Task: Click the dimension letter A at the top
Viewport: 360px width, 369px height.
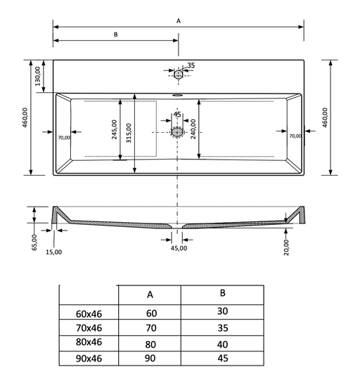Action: (179, 21)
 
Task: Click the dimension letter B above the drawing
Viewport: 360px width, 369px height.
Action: (115, 34)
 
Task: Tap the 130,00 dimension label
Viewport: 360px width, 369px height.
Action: (37, 76)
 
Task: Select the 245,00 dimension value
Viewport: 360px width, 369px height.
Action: (114, 129)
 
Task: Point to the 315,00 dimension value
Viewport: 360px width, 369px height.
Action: (129, 133)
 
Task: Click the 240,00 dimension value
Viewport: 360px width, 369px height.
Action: (193, 129)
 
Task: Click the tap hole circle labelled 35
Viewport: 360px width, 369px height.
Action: (179, 75)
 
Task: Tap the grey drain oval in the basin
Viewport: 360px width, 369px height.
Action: (177, 132)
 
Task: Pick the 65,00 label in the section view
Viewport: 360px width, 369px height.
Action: (34, 242)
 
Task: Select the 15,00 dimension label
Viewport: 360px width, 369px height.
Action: (53, 252)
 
